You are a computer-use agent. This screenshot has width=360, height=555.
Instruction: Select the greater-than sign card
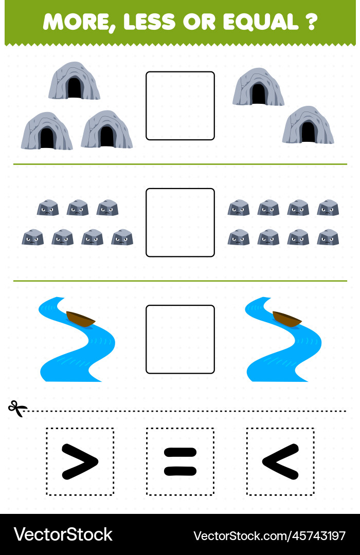coord(80,461)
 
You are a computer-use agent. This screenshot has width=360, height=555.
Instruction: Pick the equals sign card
coord(180,461)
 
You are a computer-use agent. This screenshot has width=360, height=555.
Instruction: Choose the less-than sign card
coord(280,461)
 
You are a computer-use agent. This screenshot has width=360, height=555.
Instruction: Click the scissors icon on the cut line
coord(17,409)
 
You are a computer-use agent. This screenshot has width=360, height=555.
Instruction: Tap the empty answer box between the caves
coord(180,106)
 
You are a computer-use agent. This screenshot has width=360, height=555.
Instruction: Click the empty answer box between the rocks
coord(180,223)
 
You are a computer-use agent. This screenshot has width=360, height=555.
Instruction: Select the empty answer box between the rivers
coord(180,340)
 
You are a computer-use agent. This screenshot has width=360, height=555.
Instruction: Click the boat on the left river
coord(81,319)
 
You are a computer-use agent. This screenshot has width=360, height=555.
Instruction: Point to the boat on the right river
coord(287,319)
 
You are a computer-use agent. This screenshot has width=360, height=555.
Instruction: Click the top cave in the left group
coord(74,81)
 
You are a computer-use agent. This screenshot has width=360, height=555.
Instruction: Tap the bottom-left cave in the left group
coord(47,131)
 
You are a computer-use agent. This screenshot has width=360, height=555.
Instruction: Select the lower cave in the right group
coord(308,125)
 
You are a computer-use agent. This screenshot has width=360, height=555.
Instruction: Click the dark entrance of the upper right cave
coord(258,94)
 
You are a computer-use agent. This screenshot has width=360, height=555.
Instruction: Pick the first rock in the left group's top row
coord(48,208)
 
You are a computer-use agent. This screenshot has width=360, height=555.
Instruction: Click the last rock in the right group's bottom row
coord(328,237)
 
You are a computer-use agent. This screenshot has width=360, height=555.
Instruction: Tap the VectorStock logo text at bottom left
coord(63,534)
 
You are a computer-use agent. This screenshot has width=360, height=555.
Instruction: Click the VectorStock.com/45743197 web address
coord(269,535)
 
